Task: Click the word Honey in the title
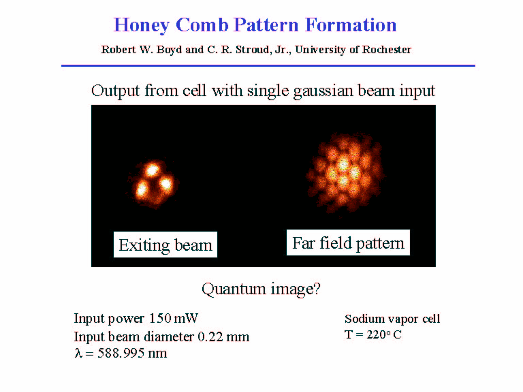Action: (x=141, y=25)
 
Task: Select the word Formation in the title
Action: (x=351, y=25)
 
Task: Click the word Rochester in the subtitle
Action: (x=386, y=50)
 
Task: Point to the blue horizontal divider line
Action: (x=268, y=65)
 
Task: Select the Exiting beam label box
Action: (x=165, y=245)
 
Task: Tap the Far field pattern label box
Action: (x=348, y=242)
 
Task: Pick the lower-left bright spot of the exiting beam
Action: (x=142, y=189)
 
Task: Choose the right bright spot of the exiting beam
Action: (x=166, y=184)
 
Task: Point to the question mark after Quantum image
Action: (x=317, y=288)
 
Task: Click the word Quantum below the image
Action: (x=234, y=289)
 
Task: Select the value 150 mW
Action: (x=173, y=318)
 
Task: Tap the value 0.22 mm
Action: (x=223, y=336)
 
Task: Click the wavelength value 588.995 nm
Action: (x=132, y=353)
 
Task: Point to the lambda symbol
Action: (x=78, y=353)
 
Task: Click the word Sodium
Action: (x=363, y=319)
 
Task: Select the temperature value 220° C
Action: (x=384, y=334)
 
